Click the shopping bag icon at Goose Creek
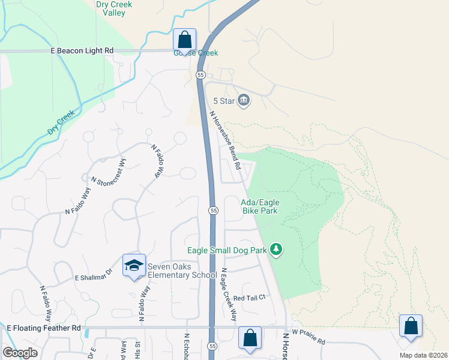click(x=185, y=40)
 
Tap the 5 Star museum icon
click(x=244, y=100)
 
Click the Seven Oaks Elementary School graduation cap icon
click(x=134, y=265)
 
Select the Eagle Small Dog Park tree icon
click(x=276, y=249)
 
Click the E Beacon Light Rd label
click(x=82, y=52)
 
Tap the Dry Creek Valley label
click(x=113, y=8)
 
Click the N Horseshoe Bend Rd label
click(x=225, y=139)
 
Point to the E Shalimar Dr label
click(x=93, y=275)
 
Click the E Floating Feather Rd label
click(x=43, y=328)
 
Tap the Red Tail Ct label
click(x=249, y=298)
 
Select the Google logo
click(x=20, y=353)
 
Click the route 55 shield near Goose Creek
click(x=200, y=75)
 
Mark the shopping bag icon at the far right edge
click(x=411, y=326)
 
